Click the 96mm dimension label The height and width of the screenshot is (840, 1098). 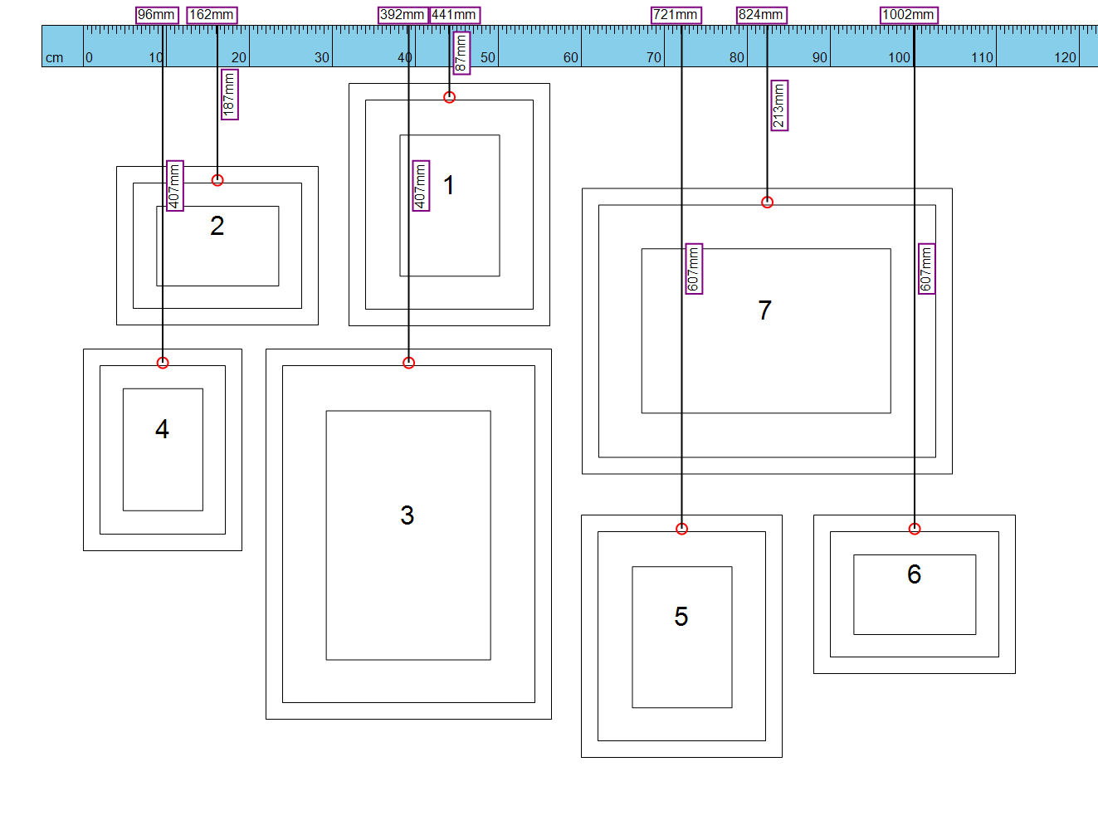click(157, 15)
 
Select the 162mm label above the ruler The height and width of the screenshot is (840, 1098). click(212, 15)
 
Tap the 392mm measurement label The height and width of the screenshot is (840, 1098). click(403, 15)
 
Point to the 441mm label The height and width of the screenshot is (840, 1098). click(455, 15)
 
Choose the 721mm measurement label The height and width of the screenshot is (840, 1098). click(676, 15)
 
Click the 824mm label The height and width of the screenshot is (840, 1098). click(762, 15)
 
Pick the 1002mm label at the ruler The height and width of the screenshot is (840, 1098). click(909, 15)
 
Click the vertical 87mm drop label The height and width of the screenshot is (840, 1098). click(461, 53)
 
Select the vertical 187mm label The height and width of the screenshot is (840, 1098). click(230, 95)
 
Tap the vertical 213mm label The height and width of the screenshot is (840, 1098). click(779, 105)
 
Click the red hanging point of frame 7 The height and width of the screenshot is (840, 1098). click(767, 203)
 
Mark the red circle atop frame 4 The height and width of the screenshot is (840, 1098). click(163, 363)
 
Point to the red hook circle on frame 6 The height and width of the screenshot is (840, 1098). click(915, 529)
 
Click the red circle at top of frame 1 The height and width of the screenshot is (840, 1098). click(449, 97)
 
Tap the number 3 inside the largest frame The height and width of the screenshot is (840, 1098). click(407, 515)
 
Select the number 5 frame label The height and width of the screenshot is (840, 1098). click(681, 617)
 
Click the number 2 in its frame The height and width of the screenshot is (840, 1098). click(217, 226)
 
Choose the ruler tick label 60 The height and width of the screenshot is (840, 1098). click(571, 57)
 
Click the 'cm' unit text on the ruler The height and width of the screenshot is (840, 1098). click(55, 58)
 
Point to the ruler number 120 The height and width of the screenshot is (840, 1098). click(1065, 57)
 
